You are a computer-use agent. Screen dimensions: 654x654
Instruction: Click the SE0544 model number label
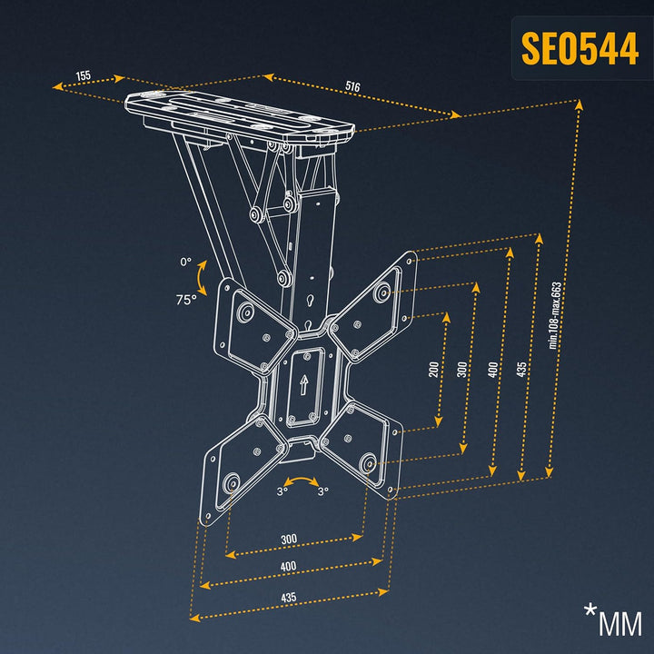click(580, 48)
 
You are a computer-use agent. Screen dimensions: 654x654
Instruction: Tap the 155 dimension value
click(83, 75)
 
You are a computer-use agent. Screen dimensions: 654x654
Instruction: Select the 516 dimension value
click(352, 87)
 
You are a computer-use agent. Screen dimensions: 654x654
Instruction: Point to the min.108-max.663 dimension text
click(555, 315)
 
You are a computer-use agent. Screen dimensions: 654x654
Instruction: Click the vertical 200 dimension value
click(434, 370)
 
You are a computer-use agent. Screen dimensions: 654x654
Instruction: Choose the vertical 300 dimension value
click(461, 370)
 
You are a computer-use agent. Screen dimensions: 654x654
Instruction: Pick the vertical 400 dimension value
click(493, 370)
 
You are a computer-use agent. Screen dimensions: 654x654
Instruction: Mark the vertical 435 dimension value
click(521, 370)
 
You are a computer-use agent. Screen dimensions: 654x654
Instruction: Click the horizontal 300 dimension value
click(289, 540)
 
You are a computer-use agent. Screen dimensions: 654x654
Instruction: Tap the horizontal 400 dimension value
click(288, 567)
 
